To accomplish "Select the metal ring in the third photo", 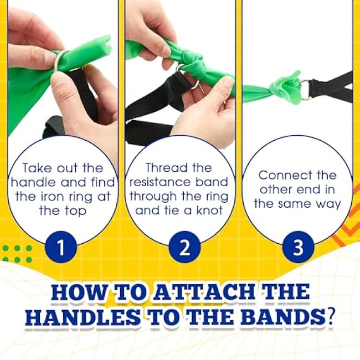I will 305,90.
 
